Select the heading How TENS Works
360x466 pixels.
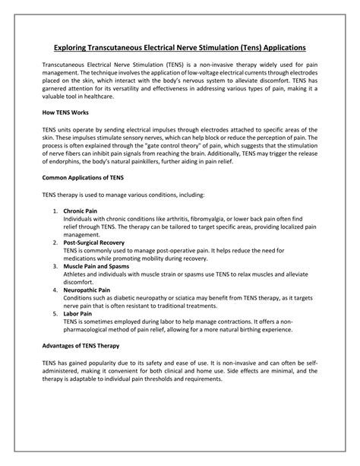pyautogui.click(x=65, y=112)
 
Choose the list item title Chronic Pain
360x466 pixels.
pyautogui.click(x=81, y=210)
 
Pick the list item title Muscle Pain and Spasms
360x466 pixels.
pyautogui.click(x=97, y=267)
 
